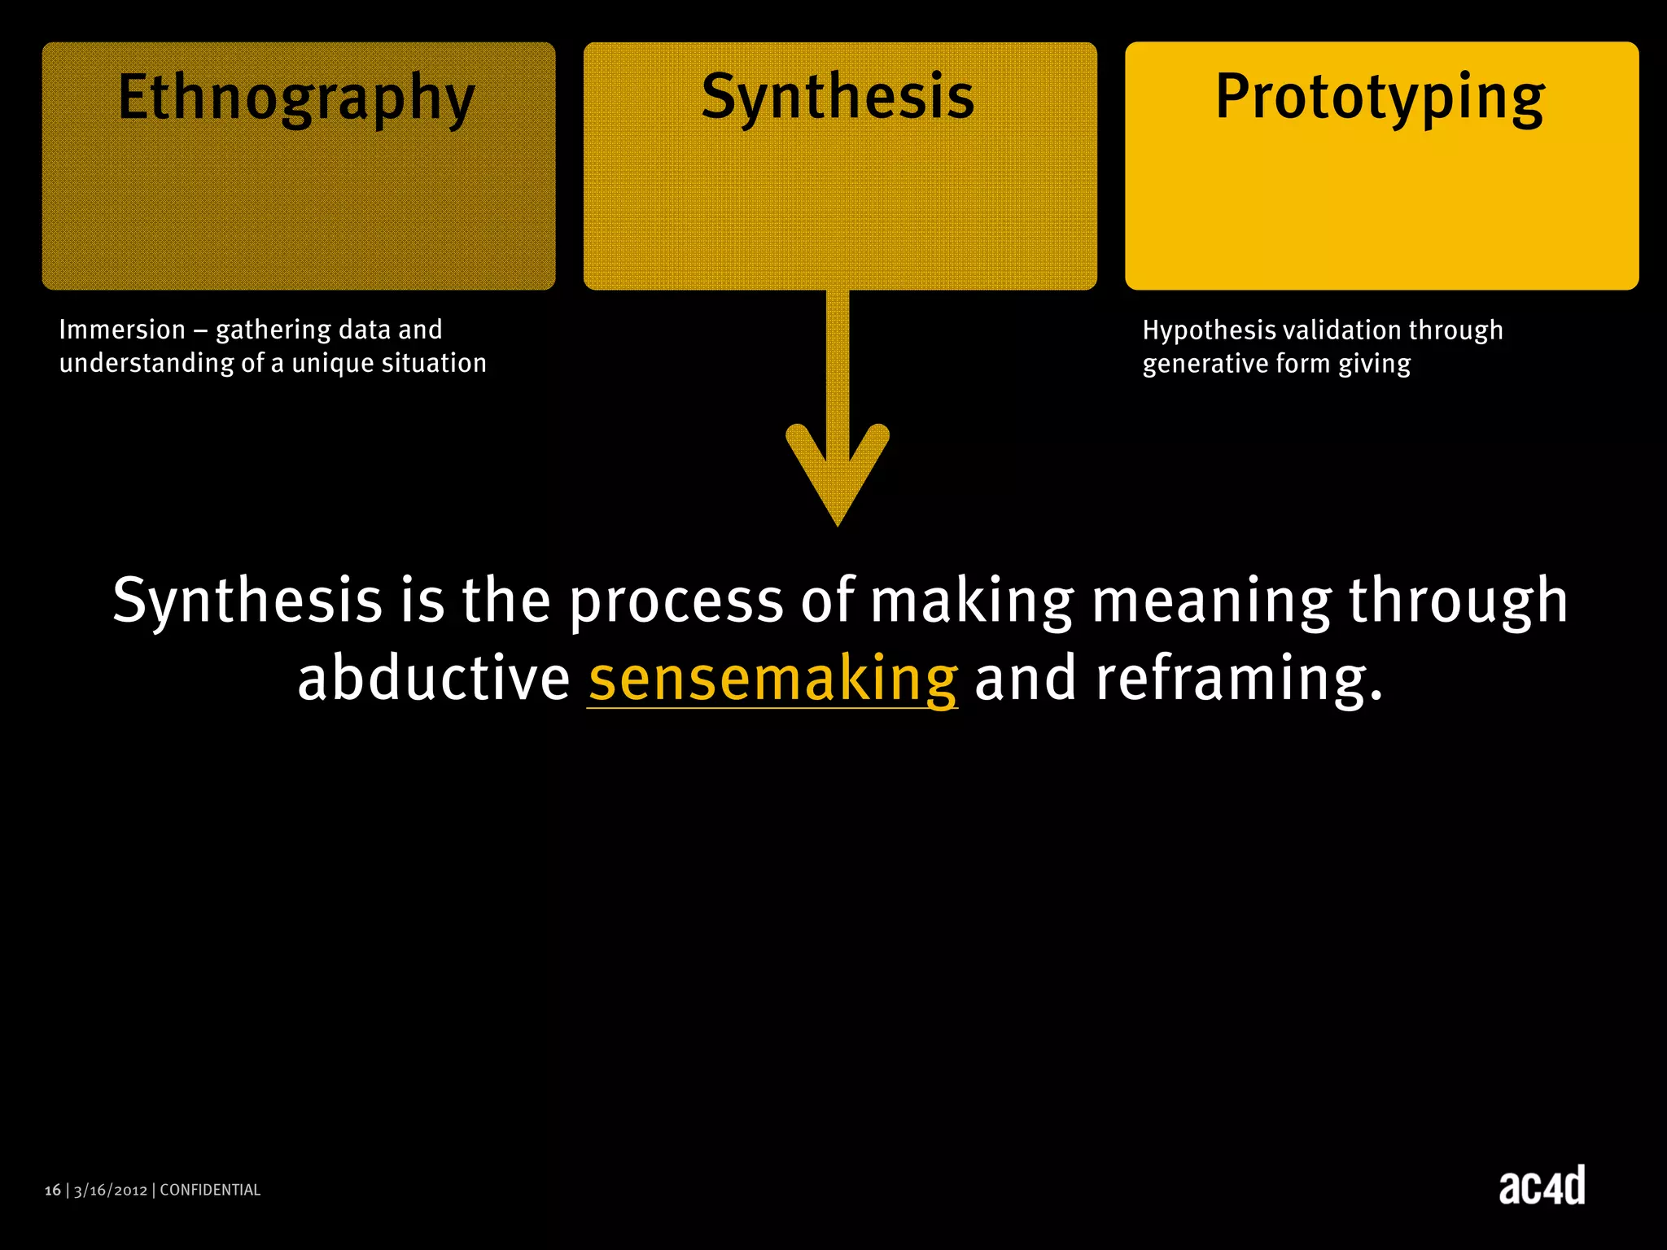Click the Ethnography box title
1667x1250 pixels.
pyautogui.click(x=296, y=98)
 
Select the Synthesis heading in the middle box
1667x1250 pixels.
pyautogui.click(x=838, y=98)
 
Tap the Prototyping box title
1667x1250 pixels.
pyautogui.click(x=1380, y=98)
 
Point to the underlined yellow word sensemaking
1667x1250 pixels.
pyautogui.click(x=772, y=680)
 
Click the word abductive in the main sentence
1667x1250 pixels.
pyautogui.click(x=433, y=680)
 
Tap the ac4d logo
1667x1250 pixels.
pyautogui.click(x=1542, y=1186)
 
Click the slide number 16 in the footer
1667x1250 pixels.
pyautogui.click(x=53, y=1191)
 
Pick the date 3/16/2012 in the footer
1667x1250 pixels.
pyautogui.click(x=111, y=1191)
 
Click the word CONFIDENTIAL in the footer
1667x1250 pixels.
pyautogui.click(x=210, y=1191)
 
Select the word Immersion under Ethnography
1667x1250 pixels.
pyautogui.click(x=122, y=330)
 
